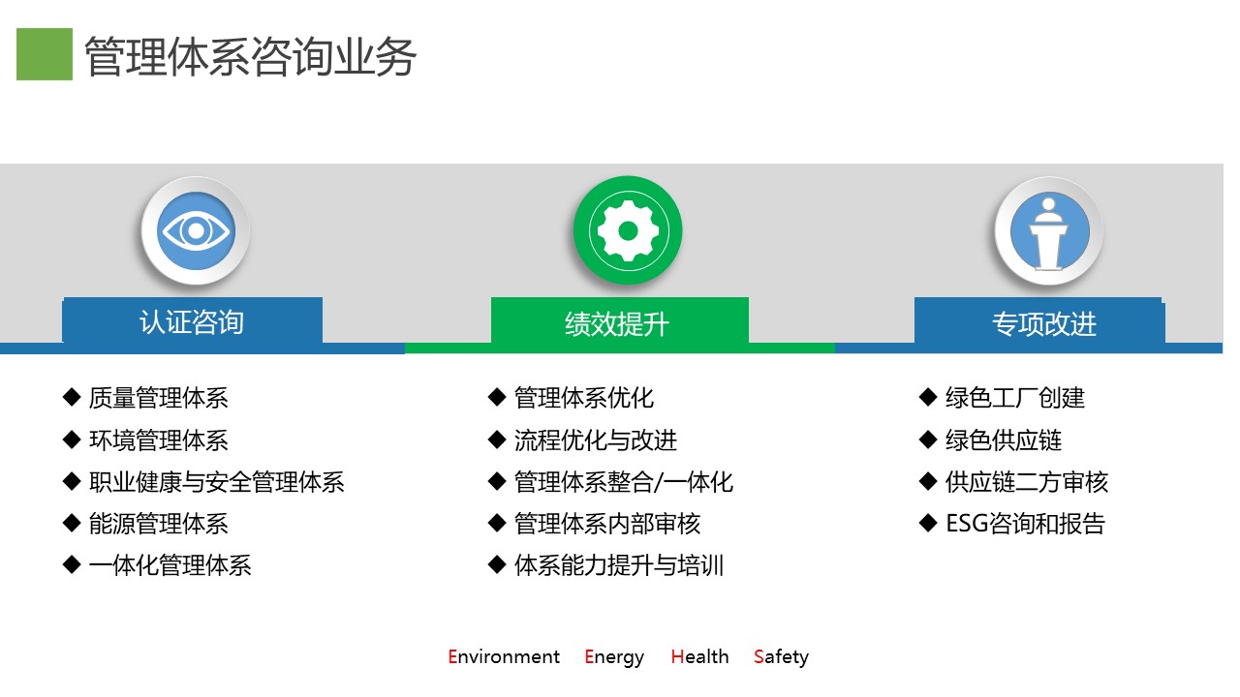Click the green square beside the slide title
(x=45, y=54)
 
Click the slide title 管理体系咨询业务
(x=250, y=56)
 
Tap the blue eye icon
(x=196, y=230)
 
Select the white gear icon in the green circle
(x=628, y=230)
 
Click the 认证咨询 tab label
(x=192, y=322)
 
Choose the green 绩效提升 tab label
(x=617, y=324)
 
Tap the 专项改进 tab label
(x=1044, y=324)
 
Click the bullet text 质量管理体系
(x=158, y=398)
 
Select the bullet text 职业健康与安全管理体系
(x=216, y=482)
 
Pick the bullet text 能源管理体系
(x=158, y=524)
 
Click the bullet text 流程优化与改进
(x=596, y=440)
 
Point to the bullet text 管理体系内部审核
(x=607, y=524)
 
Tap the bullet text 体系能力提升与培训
(x=619, y=565)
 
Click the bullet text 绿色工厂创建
(x=1014, y=398)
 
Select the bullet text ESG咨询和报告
(x=1025, y=524)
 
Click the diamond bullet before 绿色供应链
(x=928, y=439)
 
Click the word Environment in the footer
(x=504, y=656)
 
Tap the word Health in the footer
(x=699, y=656)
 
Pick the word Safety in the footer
(x=781, y=657)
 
